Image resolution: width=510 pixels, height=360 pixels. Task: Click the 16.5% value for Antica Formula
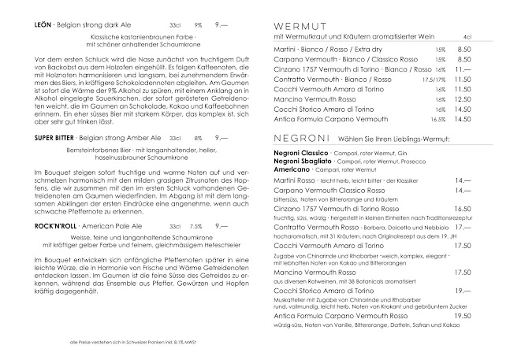tap(438, 119)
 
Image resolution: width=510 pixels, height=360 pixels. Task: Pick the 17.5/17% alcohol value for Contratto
tap(434, 80)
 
